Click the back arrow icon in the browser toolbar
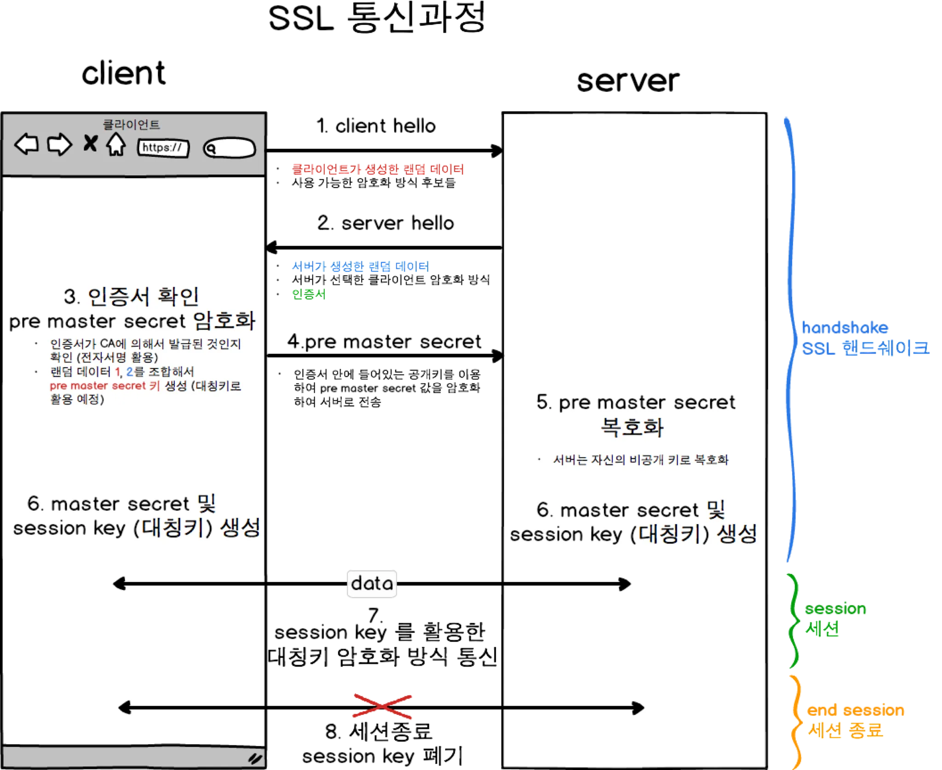click(x=26, y=145)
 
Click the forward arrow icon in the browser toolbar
click(x=59, y=145)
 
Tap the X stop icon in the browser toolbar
click(x=90, y=143)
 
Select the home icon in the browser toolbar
click(x=116, y=145)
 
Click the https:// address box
click(x=163, y=148)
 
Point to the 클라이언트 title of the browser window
click(x=131, y=125)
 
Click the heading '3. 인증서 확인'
click(x=132, y=297)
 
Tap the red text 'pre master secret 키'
click(x=104, y=386)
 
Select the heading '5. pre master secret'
click(x=636, y=403)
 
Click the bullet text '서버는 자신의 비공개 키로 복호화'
click(x=641, y=460)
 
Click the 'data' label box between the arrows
click(x=372, y=583)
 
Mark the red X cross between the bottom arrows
click(x=383, y=707)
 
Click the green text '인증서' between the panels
click(x=309, y=294)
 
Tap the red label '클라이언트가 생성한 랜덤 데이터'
click(x=378, y=170)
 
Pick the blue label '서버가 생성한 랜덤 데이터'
click(x=360, y=266)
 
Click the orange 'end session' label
click(x=855, y=710)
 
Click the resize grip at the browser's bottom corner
click(x=255, y=758)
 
